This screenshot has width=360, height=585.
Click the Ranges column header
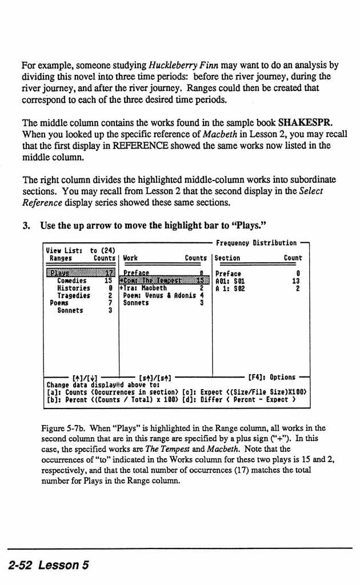coord(61,258)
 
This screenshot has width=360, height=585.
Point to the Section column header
coord(227,258)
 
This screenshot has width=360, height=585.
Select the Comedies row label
coord(71,281)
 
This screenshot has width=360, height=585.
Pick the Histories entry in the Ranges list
coord(73,289)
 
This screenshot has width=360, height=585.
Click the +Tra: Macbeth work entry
coord(143,289)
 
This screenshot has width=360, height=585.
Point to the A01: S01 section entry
coord(229,281)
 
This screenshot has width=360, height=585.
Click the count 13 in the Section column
coord(295,281)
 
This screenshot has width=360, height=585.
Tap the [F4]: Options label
coord(272,377)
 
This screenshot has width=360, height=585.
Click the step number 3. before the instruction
coord(26,226)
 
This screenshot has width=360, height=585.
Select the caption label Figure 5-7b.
coord(62,428)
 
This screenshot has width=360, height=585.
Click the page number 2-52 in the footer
coord(27,565)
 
